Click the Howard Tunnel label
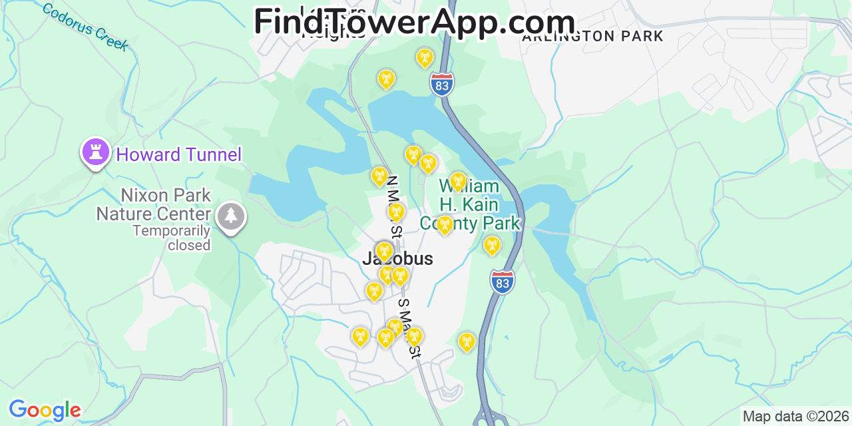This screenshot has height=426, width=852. tap(178, 155)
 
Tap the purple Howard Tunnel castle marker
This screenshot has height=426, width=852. tap(95, 152)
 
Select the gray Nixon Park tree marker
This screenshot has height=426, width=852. tap(231, 216)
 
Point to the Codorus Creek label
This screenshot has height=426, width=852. tap(85, 27)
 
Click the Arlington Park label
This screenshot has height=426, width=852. tap(592, 37)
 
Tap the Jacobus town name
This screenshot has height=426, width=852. tap(398, 259)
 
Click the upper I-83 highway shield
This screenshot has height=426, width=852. tap(442, 84)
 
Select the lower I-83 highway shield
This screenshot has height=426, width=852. tap(503, 282)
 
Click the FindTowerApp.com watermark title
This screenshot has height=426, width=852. tap(414, 21)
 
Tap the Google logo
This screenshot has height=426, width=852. tap(44, 410)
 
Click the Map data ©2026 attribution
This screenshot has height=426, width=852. tap(796, 417)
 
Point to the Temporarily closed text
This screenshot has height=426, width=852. tap(171, 238)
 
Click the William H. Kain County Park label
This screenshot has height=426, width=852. tap(469, 205)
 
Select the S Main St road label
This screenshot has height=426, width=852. tap(409, 328)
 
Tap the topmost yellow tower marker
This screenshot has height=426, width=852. tap(425, 58)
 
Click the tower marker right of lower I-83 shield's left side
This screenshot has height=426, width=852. tap(467, 341)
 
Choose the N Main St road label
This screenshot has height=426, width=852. tap(394, 206)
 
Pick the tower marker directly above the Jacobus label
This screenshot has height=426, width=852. tap(384, 251)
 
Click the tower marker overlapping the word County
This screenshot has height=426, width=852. tap(445, 224)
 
